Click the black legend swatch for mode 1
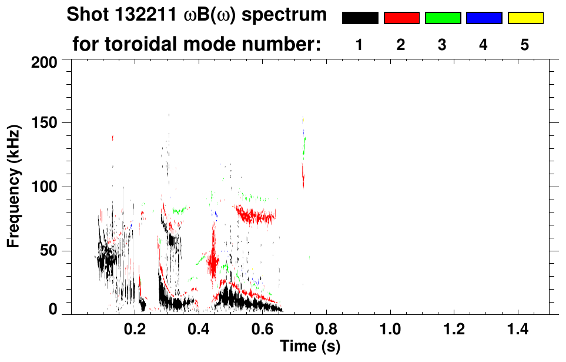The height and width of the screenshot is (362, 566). (x=360, y=18)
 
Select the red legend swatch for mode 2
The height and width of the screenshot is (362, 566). (x=401, y=18)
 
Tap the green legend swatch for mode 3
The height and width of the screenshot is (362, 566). (x=443, y=18)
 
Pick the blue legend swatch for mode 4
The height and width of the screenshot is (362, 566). (x=484, y=18)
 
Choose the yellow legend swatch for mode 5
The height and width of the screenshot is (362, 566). (x=525, y=18)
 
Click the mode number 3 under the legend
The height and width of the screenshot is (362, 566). (x=442, y=45)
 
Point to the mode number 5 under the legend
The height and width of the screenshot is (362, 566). (x=525, y=45)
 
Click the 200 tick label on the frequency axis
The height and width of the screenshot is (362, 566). (x=45, y=62)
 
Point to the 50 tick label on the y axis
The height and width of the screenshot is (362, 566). (x=49, y=251)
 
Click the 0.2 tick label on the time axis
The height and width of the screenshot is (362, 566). (x=135, y=328)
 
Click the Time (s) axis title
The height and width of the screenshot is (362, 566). (x=310, y=346)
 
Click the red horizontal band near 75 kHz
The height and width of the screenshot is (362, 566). (x=256, y=216)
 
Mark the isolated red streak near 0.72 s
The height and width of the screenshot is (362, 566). (x=303, y=175)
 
